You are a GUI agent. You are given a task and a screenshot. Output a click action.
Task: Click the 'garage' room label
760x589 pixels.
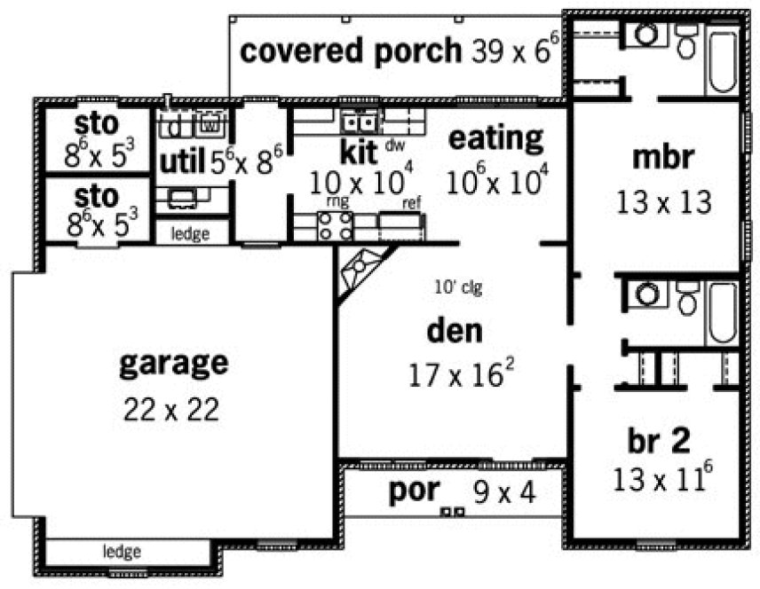(x=173, y=363)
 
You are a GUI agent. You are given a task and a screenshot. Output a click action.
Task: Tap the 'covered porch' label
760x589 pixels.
(x=352, y=51)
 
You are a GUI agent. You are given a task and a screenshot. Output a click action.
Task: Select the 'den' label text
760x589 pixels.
(x=455, y=332)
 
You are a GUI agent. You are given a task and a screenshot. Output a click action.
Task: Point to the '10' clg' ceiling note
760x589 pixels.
(x=457, y=287)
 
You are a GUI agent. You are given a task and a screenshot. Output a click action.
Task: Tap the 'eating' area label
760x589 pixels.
(x=495, y=138)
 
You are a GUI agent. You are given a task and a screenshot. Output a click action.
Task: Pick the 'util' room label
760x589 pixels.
(x=182, y=161)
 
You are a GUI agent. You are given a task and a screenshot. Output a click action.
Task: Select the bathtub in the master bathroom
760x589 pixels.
(x=722, y=60)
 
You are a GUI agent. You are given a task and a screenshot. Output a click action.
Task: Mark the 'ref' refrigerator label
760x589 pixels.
(x=411, y=203)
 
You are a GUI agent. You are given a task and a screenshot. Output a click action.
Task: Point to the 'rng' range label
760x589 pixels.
(x=337, y=202)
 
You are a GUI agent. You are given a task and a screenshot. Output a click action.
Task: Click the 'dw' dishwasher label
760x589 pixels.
(x=396, y=143)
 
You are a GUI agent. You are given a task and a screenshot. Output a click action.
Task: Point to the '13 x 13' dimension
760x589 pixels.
(x=663, y=203)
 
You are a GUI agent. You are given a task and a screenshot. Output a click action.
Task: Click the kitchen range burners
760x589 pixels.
(x=336, y=226)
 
